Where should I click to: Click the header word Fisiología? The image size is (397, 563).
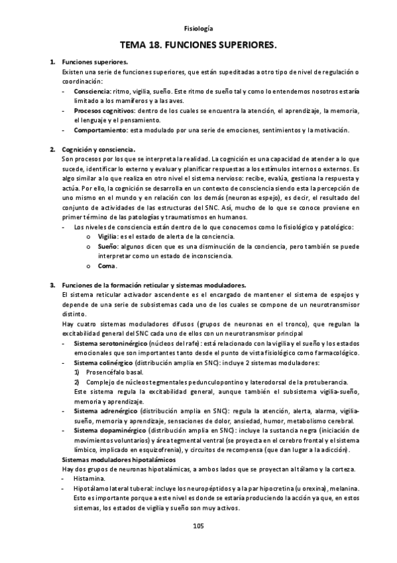point(199,29)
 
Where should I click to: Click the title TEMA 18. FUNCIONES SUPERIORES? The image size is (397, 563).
point(198,45)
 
